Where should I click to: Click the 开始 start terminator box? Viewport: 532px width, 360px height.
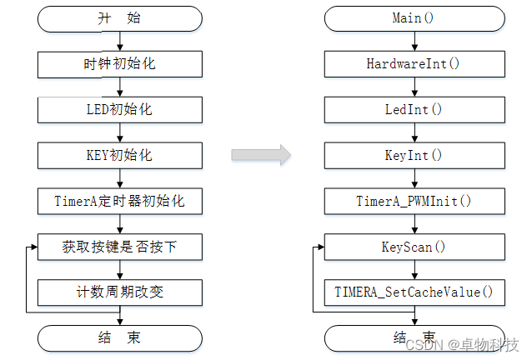[120, 18]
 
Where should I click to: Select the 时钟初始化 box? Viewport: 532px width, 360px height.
[120, 63]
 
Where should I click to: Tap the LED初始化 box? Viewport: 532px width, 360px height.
[120, 109]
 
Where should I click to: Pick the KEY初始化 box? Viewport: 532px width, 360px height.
[120, 155]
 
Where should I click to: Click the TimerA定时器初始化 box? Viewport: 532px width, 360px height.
[120, 201]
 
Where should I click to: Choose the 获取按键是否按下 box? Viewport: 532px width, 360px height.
[120, 247]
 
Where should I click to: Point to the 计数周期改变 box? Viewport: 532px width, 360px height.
[120, 292]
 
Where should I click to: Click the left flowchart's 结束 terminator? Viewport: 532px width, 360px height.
[120, 337]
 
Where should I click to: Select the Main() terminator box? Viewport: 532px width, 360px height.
[414, 18]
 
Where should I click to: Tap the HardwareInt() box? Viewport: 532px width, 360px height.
[414, 63]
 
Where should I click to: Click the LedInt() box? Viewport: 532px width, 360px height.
[414, 109]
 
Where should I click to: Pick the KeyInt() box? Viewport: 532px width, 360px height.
[414, 155]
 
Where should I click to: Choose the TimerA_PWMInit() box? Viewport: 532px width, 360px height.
[414, 201]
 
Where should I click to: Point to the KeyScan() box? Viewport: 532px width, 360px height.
[414, 247]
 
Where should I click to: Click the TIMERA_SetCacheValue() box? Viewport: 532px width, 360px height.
[414, 292]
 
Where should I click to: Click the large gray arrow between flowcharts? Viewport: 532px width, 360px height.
[260, 155]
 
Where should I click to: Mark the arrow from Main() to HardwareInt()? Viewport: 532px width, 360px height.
[414, 41]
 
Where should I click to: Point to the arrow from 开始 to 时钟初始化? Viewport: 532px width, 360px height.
[120, 41]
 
